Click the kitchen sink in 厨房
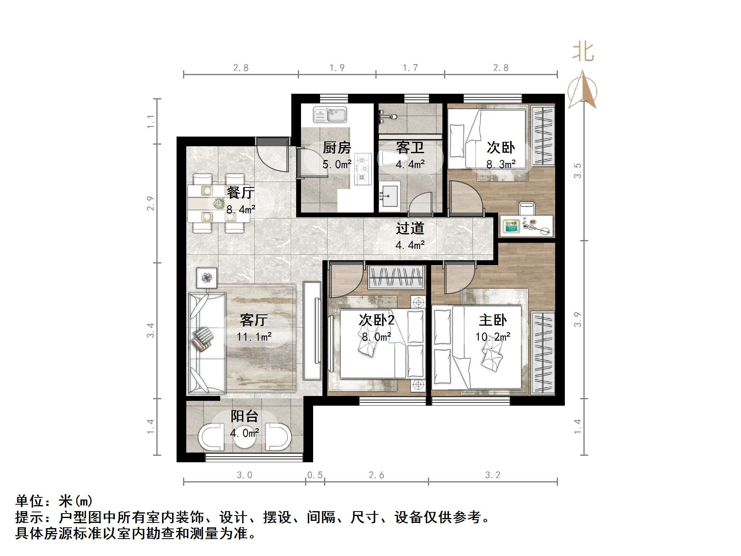pos(330,115)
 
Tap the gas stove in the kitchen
pos(363,169)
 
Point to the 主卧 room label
pos(493,320)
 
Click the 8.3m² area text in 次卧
pos(501,164)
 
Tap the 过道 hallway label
pos(410,228)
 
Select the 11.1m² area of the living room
pos(254,337)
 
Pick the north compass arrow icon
pos(582,90)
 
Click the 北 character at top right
pos(583,52)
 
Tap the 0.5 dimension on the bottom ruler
pos(315,475)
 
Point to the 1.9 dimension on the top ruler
pos(337,68)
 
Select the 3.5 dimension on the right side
pos(578,171)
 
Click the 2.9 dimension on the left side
pos(150,203)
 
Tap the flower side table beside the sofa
pos(206,278)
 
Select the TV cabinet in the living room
pos(313,330)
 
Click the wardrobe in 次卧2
pos(396,277)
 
